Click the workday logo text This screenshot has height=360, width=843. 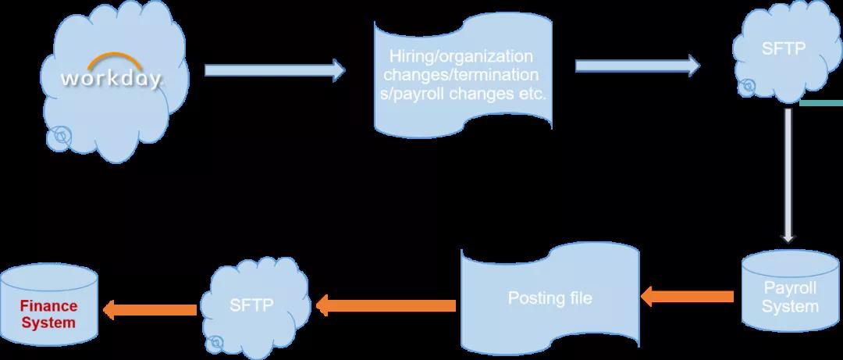[112, 79]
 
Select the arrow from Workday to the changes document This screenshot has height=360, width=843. [274, 70]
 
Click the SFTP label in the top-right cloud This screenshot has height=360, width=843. [783, 49]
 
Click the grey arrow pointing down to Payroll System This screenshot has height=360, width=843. [788, 176]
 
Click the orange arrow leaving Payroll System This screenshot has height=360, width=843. [687, 296]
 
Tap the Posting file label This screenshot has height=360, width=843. [550, 298]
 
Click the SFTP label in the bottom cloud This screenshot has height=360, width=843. [251, 305]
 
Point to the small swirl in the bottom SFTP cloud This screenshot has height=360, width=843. [214, 340]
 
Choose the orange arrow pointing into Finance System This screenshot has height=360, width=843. [149, 309]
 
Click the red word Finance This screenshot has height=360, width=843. [48, 307]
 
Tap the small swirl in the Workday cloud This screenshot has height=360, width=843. [58, 138]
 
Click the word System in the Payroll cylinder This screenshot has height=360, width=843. [790, 307]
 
